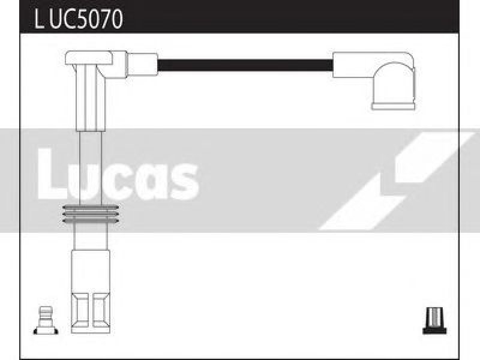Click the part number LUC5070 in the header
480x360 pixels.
coord(79,19)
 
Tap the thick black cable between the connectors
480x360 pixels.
coord(245,65)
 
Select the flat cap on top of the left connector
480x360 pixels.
coord(89,58)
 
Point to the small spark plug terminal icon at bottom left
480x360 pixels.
coord(46,320)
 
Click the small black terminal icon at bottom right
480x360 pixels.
coord(434,320)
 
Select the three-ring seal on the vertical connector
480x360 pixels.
coord(91,214)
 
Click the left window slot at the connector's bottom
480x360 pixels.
coord(80,310)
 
